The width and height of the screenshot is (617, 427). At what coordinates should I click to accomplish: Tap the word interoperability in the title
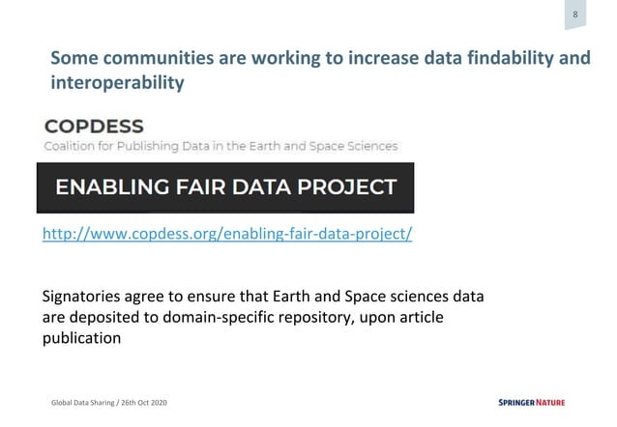(116, 83)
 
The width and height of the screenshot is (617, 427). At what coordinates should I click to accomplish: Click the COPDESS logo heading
(94, 127)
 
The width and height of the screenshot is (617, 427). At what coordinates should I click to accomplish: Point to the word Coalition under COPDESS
(69, 147)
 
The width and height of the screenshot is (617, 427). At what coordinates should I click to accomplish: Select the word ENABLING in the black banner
(123, 187)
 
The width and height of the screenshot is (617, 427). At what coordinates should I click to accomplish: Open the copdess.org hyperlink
(227, 235)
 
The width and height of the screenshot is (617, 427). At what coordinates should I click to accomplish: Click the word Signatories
(87, 296)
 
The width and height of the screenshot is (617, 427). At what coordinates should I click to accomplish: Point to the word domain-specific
(193, 317)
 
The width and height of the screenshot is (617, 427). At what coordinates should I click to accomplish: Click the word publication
(82, 338)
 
